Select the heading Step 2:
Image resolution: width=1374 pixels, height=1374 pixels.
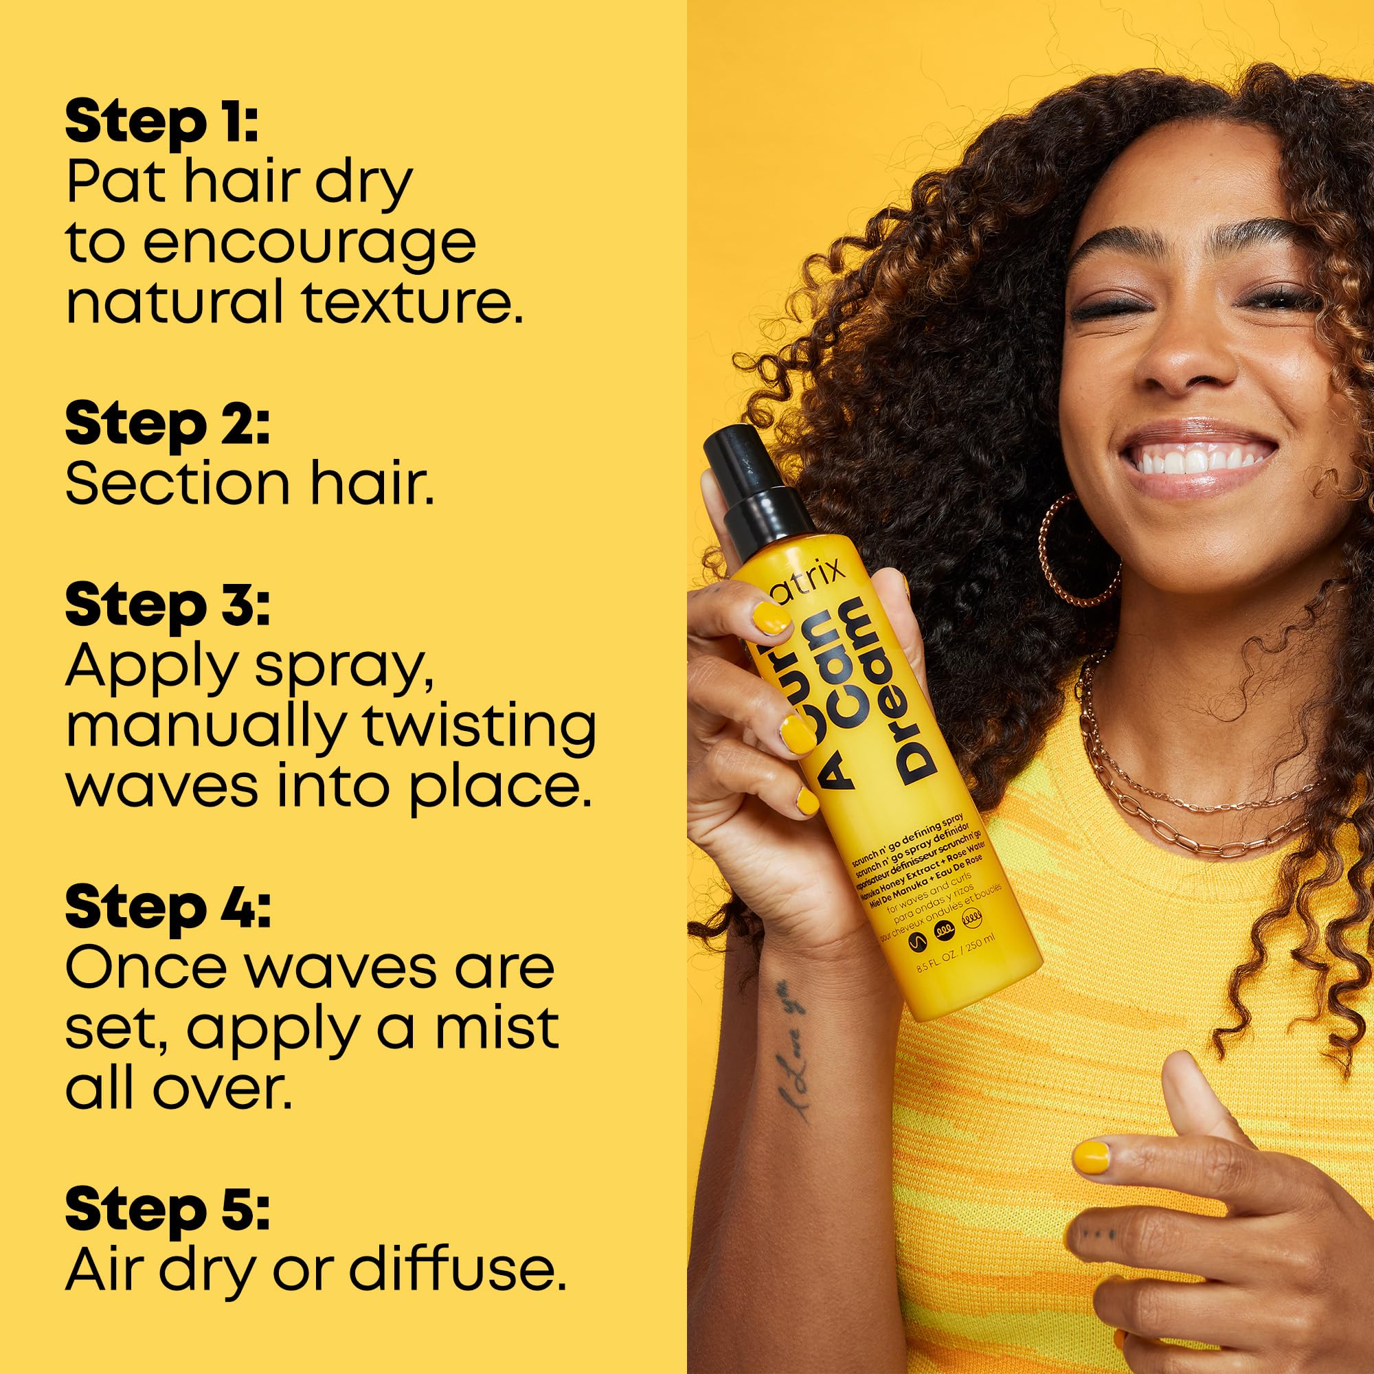point(167,425)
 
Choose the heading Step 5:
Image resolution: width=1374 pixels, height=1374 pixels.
point(167,1211)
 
